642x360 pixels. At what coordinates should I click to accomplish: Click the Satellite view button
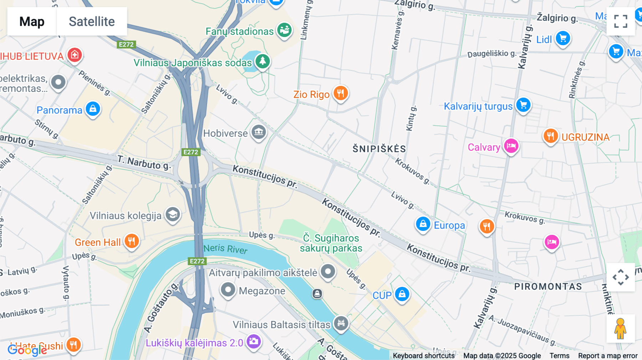click(x=92, y=21)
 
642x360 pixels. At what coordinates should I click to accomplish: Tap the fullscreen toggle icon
click(x=621, y=21)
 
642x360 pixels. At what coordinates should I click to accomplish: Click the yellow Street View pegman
click(x=620, y=328)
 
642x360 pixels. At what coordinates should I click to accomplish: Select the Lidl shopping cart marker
click(x=563, y=38)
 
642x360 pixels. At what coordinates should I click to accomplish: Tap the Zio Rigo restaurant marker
click(x=340, y=93)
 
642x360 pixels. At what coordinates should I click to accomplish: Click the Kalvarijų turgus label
click(x=478, y=106)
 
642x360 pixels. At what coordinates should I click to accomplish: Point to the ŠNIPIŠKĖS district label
click(x=379, y=149)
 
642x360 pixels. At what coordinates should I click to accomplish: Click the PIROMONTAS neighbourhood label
click(x=548, y=286)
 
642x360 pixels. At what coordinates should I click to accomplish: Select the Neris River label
click(x=225, y=248)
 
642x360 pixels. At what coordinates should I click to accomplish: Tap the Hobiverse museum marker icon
click(x=259, y=132)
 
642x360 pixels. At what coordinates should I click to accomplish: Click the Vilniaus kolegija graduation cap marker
click(x=173, y=215)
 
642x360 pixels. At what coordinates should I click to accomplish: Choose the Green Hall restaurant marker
click(x=132, y=241)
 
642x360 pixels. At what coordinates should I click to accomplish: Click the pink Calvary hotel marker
click(x=511, y=146)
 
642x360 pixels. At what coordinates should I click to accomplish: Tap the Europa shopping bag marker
click(x=423, y=224)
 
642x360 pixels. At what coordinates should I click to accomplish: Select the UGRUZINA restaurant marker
click(x=550, y=136)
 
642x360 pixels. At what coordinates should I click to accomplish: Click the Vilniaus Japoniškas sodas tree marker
click(x=263, y=61)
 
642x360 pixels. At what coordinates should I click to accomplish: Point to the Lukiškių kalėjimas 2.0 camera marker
click(x=254, y=341)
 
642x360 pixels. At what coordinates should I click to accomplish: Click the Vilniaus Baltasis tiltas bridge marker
click(x=341, y=323)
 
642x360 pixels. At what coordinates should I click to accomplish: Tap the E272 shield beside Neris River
click(x=197, y=261)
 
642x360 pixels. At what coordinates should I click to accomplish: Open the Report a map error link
click(x=607, y=355)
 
